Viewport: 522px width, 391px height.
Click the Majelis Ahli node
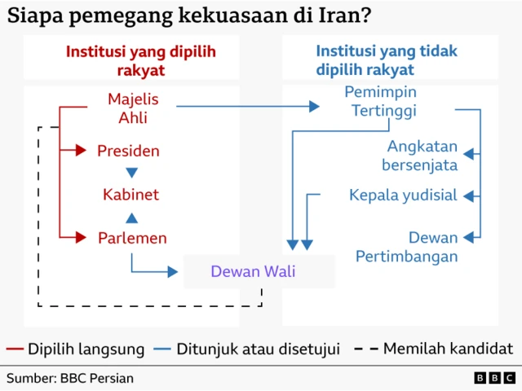pyautogui.click(x=133, y=108)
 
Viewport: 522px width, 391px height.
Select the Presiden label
pyautogui.click(x=128, y=151)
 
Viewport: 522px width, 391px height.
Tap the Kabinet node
pyautogui.click(x=130, y=195)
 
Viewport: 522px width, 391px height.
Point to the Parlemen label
pyautogui.click(x=132, y=238)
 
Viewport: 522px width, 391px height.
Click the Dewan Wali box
pyautogui.click(x=253, y=272)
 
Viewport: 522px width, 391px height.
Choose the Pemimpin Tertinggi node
pyautogui.click(x=380, y=101)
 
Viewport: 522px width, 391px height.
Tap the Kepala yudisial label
pyautogui.click(x=403, y=195)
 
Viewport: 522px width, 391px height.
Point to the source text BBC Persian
pyautogui.click(x=69, y=378)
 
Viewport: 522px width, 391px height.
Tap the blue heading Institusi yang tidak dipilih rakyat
pyautogui.click(x=379, y=61)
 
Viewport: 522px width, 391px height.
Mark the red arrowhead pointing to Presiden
pyautogui.click(x=80, y=151)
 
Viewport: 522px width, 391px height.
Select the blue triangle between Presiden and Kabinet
pyautogui.click(x=131, y=173)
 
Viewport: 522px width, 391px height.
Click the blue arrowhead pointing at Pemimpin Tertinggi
pyautogui.click(x=313, y=106)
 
